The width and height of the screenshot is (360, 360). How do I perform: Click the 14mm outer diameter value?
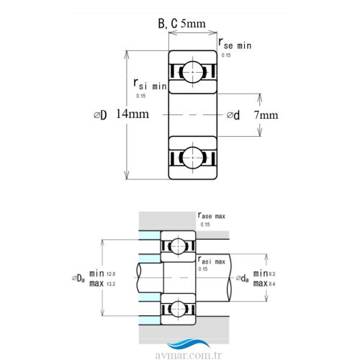[132, 114]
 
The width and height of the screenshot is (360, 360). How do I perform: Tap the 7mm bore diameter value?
[266, 115]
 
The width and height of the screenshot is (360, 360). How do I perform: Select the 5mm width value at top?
[193, 24]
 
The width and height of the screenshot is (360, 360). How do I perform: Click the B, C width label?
[168, 24]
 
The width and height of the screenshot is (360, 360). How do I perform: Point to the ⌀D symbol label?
[100, 115]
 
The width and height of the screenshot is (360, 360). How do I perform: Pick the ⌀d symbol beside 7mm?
[233, 115]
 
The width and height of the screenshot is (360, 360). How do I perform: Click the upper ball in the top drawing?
[193, 72]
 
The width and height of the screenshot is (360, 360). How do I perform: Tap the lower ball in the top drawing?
[193, 158]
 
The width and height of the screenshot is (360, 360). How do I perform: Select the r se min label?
[235, 44]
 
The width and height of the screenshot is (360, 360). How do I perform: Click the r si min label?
[150, 84]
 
